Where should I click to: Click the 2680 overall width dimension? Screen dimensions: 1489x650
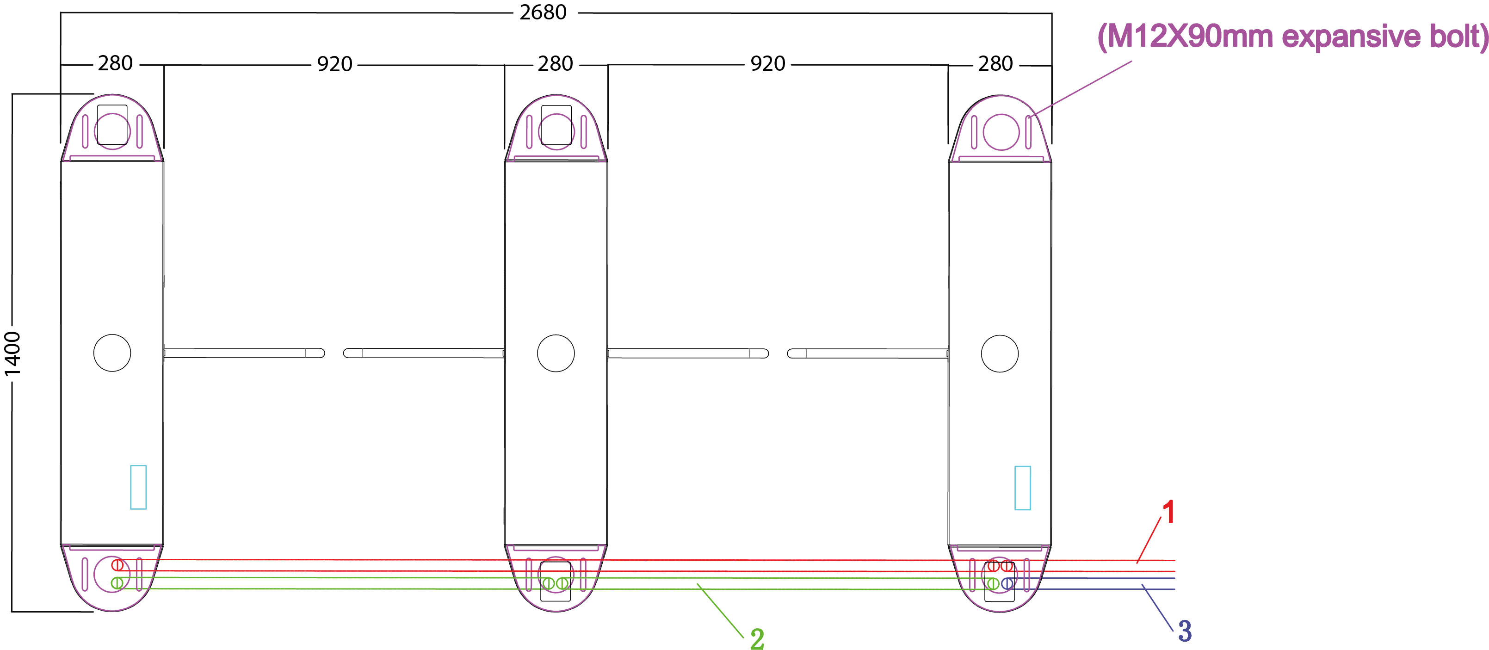click(543, 12)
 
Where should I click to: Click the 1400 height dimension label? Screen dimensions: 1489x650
click(12, 353)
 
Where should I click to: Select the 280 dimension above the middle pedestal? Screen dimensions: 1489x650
click(555, 64)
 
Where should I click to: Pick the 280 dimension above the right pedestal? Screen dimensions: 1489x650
click(995, 64)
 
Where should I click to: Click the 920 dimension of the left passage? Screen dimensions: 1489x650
click(335, 64)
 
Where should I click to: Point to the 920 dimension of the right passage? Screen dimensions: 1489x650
click(767, 64)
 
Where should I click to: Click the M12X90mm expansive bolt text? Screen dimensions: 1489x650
click(1292, 37)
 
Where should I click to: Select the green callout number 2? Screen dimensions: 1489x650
click(757, 639)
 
